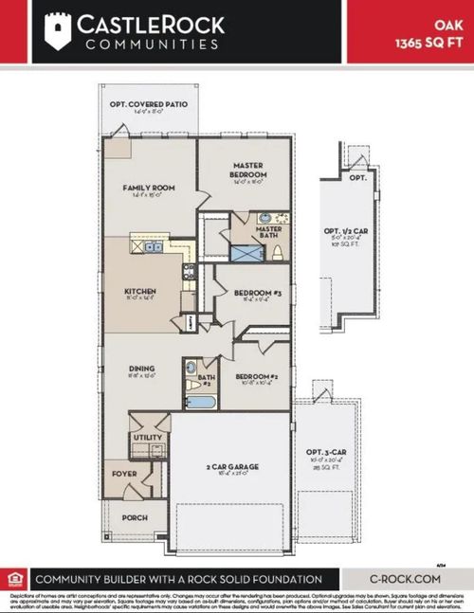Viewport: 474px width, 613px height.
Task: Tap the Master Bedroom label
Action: [247, 170]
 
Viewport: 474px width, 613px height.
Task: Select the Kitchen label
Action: [139, 292]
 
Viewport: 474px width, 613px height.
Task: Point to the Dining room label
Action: [139, 370]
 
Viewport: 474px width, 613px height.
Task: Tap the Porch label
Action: [135, 517]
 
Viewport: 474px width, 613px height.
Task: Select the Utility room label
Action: [148, 437]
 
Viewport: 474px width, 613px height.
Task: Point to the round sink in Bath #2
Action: [190, 367]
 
